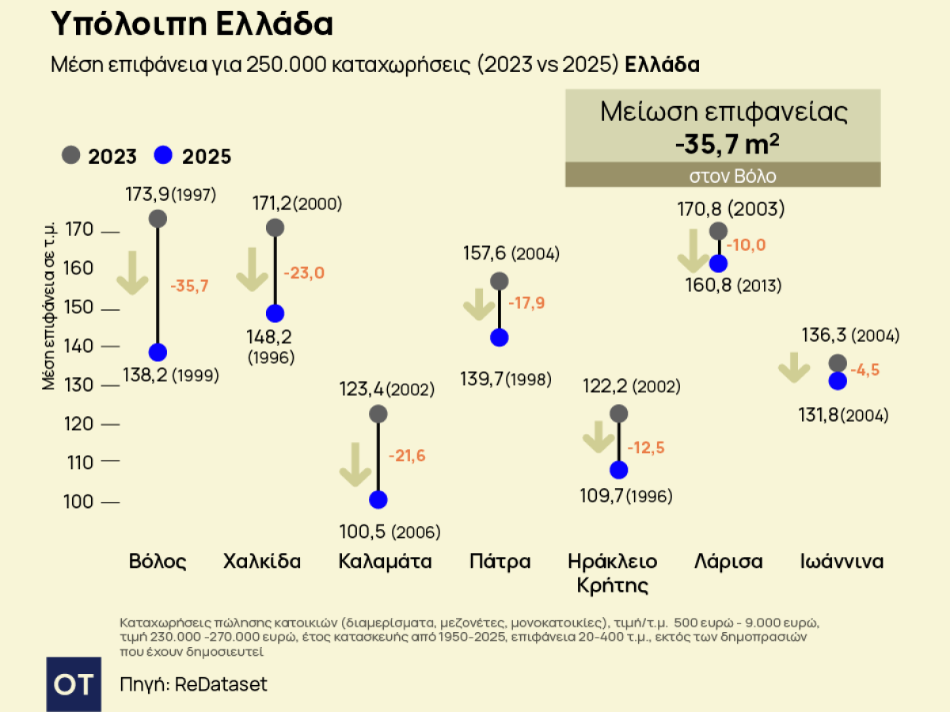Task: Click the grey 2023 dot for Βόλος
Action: tap(158, 219)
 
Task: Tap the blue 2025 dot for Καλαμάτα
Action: tap(378, 500)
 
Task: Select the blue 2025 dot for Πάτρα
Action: tap(500, 338)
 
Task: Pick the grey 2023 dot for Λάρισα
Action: tap(718, 231)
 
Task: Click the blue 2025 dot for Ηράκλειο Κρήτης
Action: tap(619, 470)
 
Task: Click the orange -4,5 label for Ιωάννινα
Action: tap(864, 369)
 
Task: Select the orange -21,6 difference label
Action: tap(407, 456)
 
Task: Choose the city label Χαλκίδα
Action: tap(262, 562)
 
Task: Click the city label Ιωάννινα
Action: tap(842, 562)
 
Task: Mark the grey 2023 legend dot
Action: tap(71, 155)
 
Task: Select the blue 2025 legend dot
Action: tap(164, 155)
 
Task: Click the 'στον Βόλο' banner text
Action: tap(722, 176)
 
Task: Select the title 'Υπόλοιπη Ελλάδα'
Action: tap(192, 25)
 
